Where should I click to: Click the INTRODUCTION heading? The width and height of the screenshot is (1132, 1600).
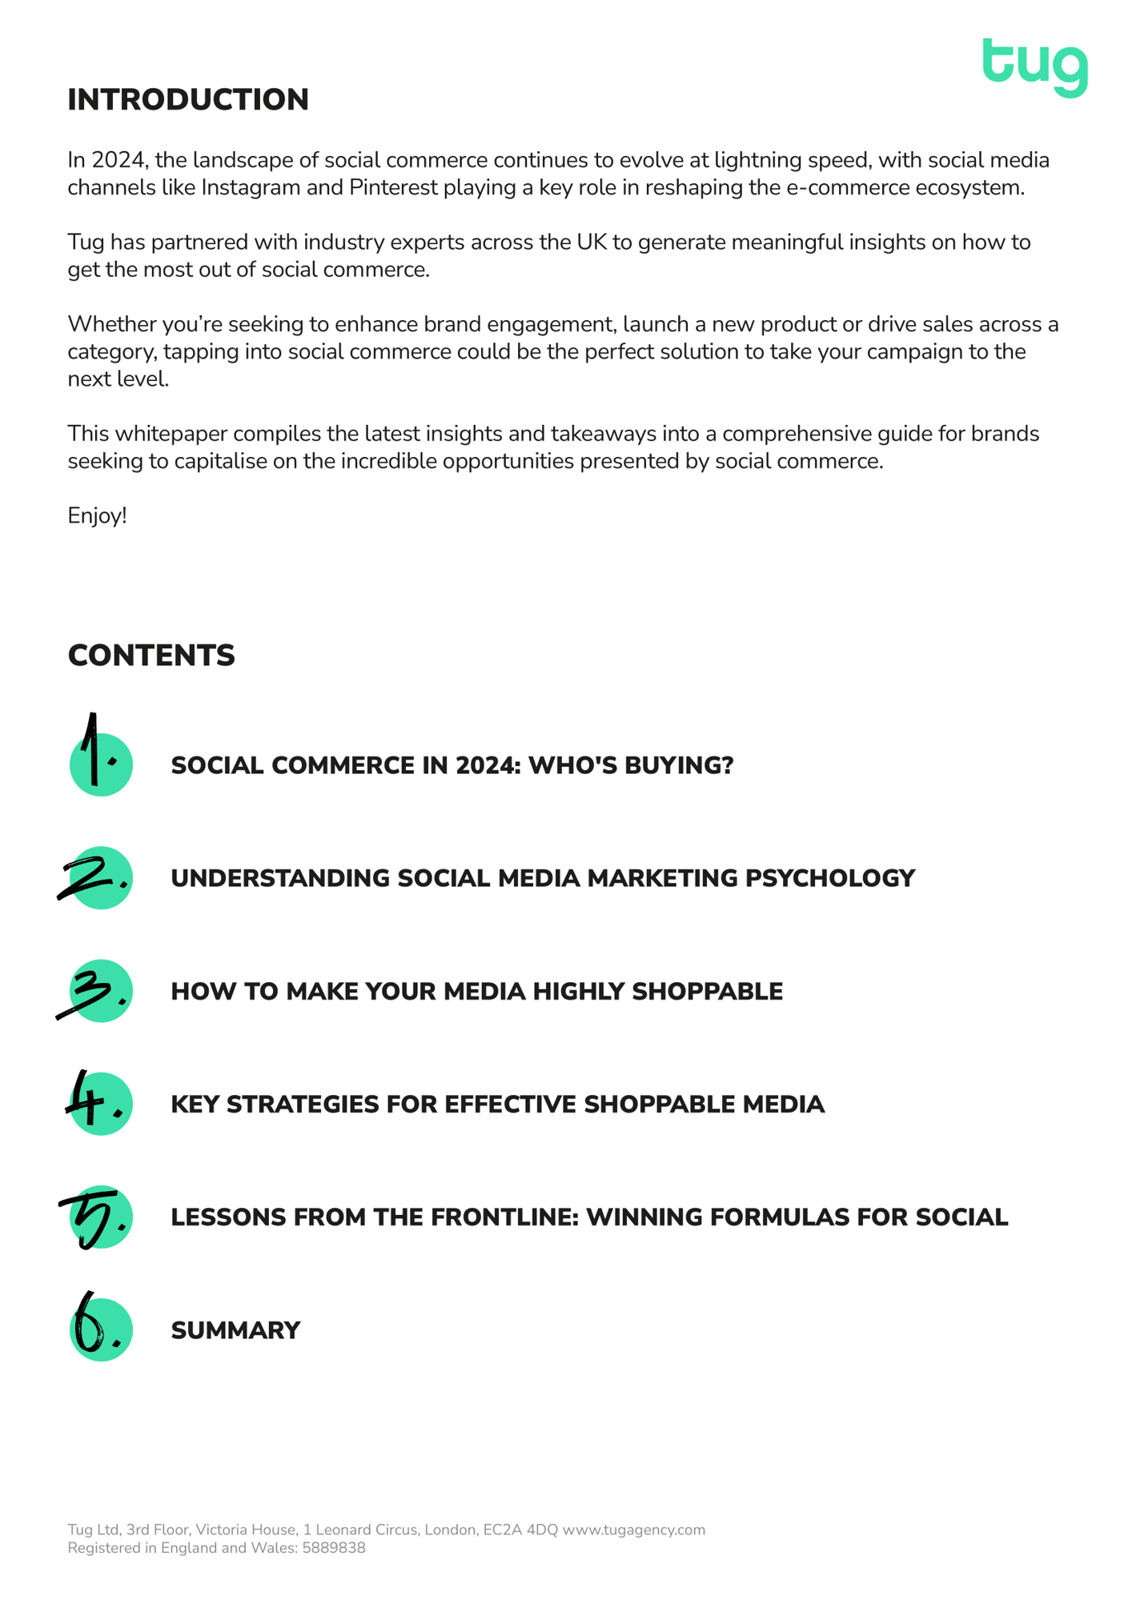coord(188,100)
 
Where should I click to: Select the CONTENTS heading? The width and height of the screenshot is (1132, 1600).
coord(151,656)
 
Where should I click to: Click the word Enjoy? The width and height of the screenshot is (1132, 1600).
coord(97,515)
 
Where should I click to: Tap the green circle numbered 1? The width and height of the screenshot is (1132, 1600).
coord(101,764)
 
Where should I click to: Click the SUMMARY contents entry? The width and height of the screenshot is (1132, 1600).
coord(235,1330)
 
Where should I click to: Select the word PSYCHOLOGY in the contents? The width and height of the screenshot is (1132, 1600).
coord(830,878)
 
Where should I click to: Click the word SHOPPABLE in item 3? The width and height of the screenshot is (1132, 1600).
coord(707,992)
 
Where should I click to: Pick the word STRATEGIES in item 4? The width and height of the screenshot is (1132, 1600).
coord(303,1105)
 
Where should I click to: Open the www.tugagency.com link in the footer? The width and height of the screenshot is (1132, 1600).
coord(633,1530)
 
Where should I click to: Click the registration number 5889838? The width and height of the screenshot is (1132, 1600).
coord(333,1548)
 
